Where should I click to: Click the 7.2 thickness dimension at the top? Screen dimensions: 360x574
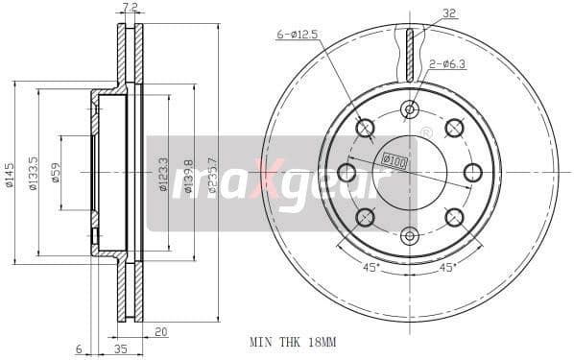(x=131, y=9)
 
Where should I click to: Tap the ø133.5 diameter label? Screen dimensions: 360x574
(x=34, y=173)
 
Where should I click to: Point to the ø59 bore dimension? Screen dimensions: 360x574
(x=57, y=173)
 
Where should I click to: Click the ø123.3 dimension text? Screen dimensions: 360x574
(x=163, y=174)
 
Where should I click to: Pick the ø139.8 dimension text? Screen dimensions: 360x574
(x=189, y=174)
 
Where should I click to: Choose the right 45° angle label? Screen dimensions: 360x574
(x=446, y=268)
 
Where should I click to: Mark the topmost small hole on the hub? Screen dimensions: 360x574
(x=410, y=108)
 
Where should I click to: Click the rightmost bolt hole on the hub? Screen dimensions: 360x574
(x=472, y=172)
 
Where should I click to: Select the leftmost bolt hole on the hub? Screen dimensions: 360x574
(x=347, y=173)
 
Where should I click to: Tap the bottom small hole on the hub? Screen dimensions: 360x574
(x=410, y=234)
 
